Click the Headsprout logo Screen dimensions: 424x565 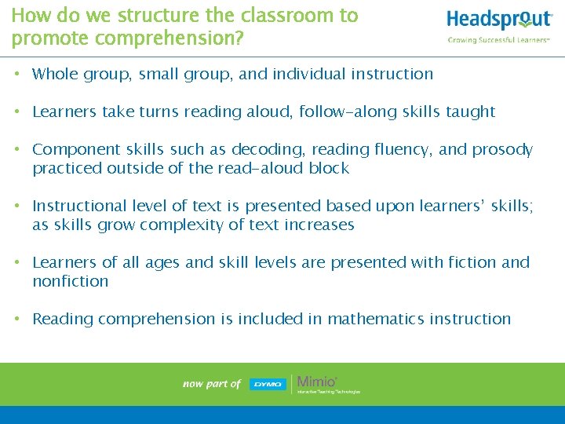coord(499,20)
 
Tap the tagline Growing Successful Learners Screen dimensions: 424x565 coord(498,40)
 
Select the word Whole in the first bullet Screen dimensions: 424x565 coord(55,75)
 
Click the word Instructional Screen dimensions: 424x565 coord(78,207)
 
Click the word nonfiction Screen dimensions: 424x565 coord(71,282)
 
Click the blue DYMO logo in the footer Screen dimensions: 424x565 coord(268,384)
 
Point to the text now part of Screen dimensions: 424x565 coord(211,384)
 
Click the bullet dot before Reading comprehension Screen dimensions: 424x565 coord(17,320)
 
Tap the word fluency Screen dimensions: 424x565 coord(386,150)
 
